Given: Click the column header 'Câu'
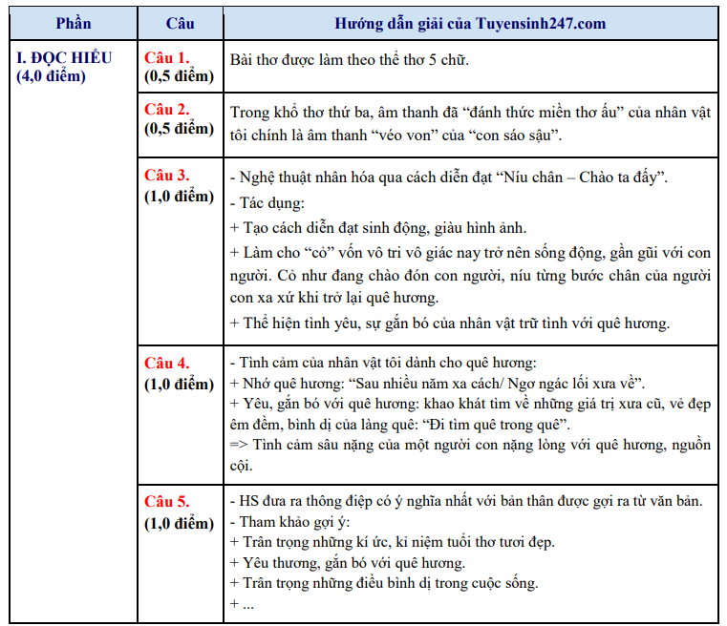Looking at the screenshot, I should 180,23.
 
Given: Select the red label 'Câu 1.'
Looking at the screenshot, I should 167,57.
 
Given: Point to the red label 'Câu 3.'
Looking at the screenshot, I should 167,176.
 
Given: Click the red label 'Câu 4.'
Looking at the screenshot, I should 167,364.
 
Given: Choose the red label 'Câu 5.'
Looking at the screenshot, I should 167,502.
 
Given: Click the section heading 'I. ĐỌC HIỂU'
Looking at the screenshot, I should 65,57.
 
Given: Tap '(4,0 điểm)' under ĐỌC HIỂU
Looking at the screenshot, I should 52,75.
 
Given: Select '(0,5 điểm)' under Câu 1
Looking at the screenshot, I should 180,75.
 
